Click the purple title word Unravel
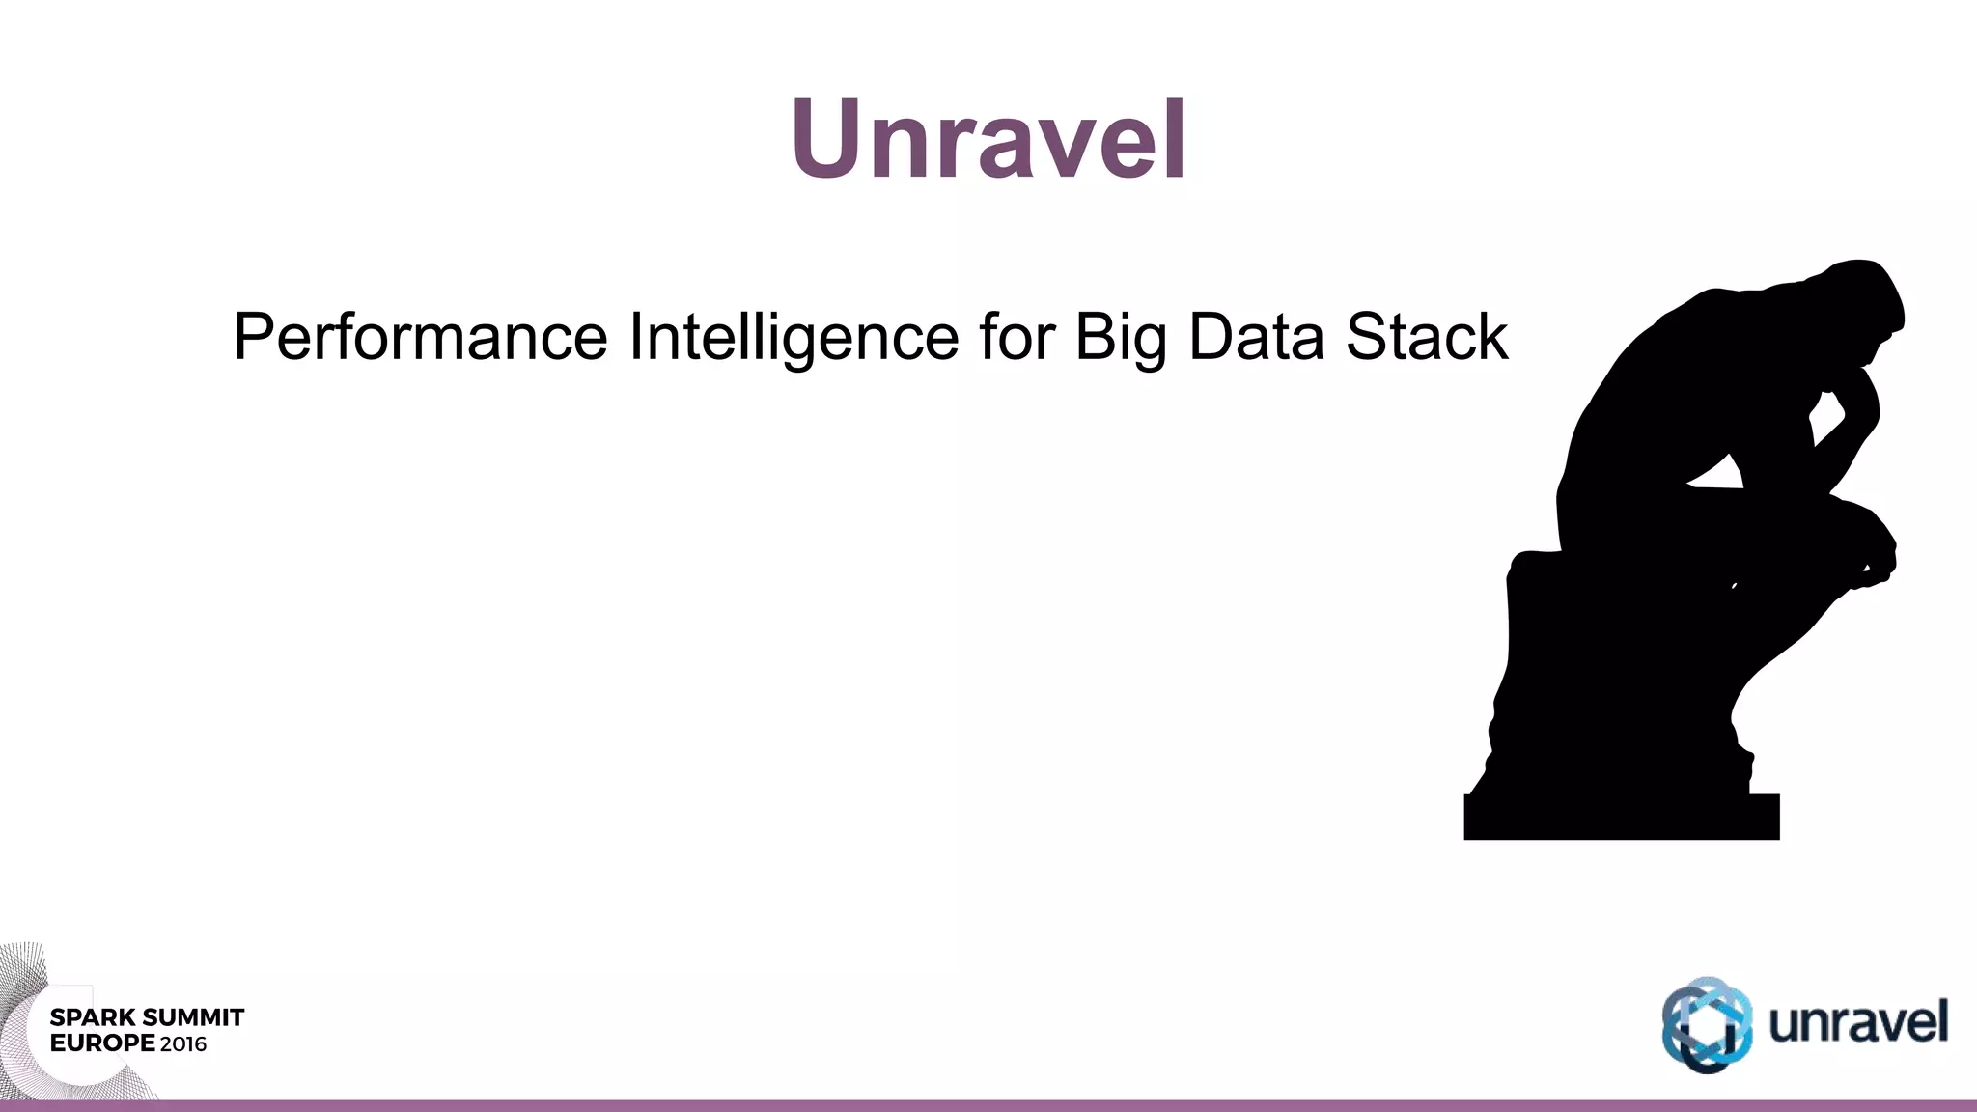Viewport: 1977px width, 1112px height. click(988, 140)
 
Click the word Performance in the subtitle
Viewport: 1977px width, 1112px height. click(420, 338)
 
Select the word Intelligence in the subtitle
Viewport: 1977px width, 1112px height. click(794, 338)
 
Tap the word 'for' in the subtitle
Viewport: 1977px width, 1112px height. click(1016, 338)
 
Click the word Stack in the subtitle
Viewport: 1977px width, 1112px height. click(1427, 338)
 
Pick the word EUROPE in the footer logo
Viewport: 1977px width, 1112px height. click(102, 1043)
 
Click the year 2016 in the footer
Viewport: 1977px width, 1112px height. click(183, 1043)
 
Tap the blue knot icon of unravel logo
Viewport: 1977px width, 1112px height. click(1707, 1025)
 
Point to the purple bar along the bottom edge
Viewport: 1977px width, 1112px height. click(988, 1105)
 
